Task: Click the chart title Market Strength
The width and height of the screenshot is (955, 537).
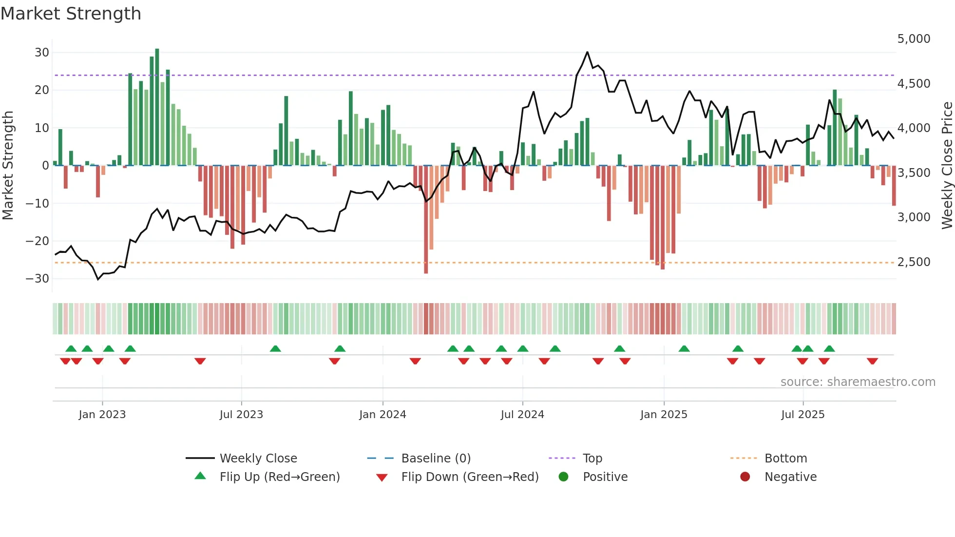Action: tap(71, 14)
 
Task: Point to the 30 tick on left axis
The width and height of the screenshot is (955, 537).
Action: tap(42, 52)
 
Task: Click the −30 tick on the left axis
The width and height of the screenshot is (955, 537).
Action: tap(38, 279)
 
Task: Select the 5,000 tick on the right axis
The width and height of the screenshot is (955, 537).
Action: tap(914, 39)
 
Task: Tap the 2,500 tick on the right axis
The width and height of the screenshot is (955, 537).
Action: tap(914, 262)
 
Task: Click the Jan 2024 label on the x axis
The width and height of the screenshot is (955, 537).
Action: tap(382, 415)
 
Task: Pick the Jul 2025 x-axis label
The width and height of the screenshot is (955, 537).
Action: tap(802, 415)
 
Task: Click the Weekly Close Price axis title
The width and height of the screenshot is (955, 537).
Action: tap(947, 166)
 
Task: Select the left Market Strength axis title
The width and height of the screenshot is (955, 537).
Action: tap(8, 166)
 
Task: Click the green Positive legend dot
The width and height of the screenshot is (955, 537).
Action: tap(564, 477)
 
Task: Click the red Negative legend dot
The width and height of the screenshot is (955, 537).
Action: tap(745, 477)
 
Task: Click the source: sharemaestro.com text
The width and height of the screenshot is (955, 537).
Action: tap(858, 382)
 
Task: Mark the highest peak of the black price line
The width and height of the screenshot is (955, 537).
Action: tap(587, 52)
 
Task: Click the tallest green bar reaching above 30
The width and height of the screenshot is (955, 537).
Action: tap(157, 107)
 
